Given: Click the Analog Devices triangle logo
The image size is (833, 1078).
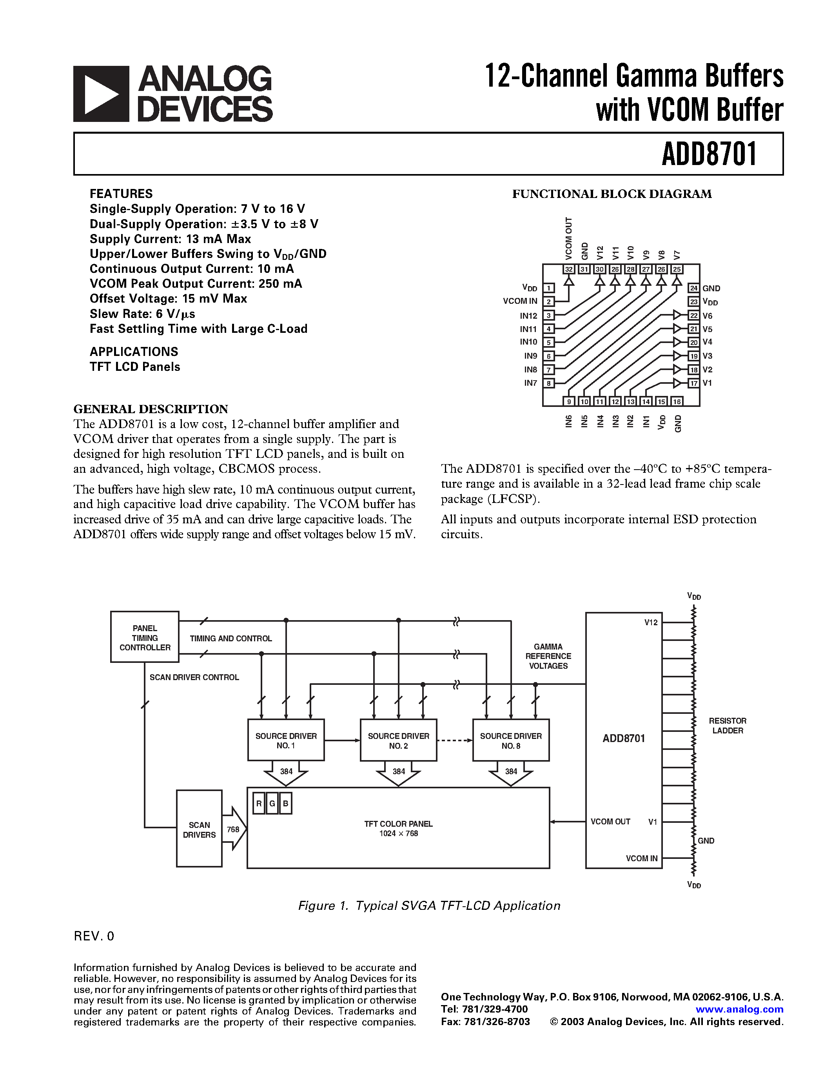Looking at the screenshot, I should click(101, 94).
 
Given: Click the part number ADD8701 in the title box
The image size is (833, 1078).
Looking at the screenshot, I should click(709, 154).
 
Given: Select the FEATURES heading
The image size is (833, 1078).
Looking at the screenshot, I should click(121, 194).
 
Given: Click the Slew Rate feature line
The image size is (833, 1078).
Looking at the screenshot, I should click(142, 314).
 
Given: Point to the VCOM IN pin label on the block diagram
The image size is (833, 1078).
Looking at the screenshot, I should click(520, 301).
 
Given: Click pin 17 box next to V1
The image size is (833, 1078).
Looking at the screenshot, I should click(694, 383).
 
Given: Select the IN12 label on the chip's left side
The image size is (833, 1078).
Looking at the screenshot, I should click(528, 316).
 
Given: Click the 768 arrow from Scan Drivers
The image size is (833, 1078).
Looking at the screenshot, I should click(234, 829).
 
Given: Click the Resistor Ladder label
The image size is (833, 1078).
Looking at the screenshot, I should click(728, 726).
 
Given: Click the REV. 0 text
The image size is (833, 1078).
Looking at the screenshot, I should click(94, 936).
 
